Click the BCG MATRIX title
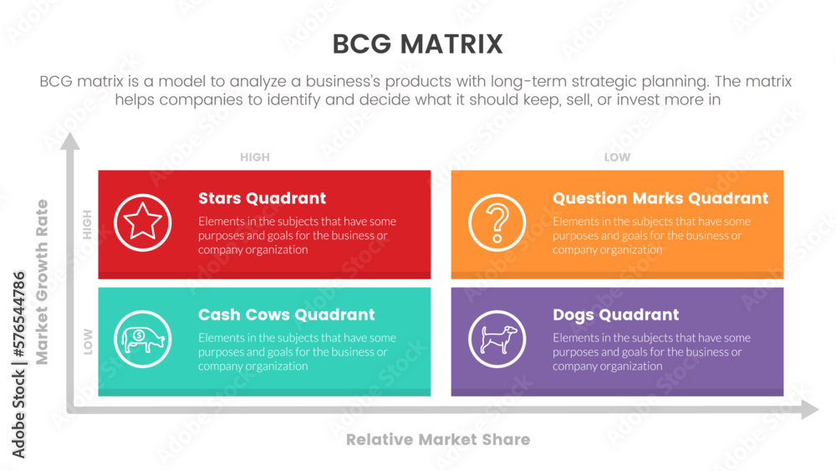coord(417,44)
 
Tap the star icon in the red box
coord(143,223)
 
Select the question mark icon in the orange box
coord(497,223)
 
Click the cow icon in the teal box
coord(143,339)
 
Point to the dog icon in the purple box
coord(497,339)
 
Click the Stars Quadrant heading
coord(262,198)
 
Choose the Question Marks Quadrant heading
coord(660,198)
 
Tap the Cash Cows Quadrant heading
coord(286,315)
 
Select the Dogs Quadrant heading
coord(615,315)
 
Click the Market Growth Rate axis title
coord(43,281)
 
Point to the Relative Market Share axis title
coord(437,439)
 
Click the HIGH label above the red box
coord(255,157)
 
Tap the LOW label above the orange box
coord(617,157)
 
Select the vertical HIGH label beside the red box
coord(87,224)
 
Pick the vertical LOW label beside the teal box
coord(87,341)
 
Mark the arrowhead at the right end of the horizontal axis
coord(809,410)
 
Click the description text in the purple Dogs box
coord(651,352)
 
